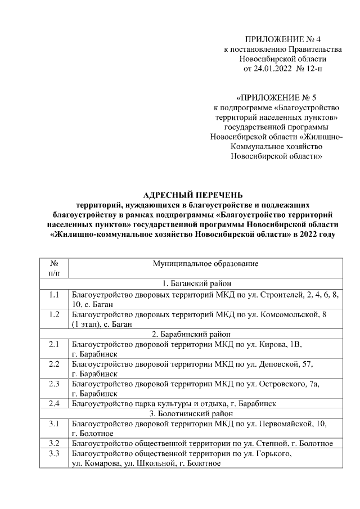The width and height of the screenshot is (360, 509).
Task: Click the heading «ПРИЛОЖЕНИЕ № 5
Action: coord(277,97)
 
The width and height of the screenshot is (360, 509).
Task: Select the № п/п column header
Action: coord(54,268)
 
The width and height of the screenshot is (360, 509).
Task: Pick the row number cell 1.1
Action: coord(54,294)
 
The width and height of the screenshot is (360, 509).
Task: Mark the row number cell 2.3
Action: coord(54,384)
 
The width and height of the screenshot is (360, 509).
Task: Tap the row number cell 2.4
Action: coord(54,403)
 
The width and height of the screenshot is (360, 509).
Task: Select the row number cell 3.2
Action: coord(54,443)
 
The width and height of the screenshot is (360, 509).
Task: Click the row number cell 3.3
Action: coord(54,453)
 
